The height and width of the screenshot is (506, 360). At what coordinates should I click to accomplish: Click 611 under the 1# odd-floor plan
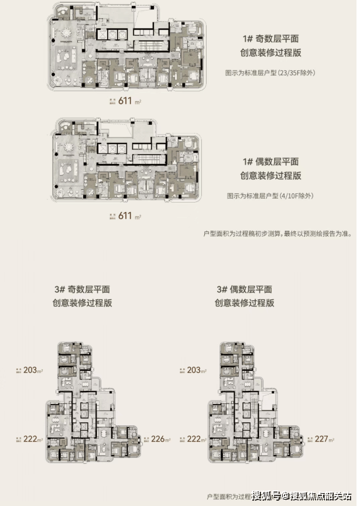126,101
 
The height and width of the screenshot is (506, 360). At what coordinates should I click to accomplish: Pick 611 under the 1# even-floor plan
126,216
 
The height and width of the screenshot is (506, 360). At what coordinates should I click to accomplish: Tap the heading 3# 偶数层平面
244,289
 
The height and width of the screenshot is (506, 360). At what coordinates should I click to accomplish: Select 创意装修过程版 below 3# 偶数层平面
244,303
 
